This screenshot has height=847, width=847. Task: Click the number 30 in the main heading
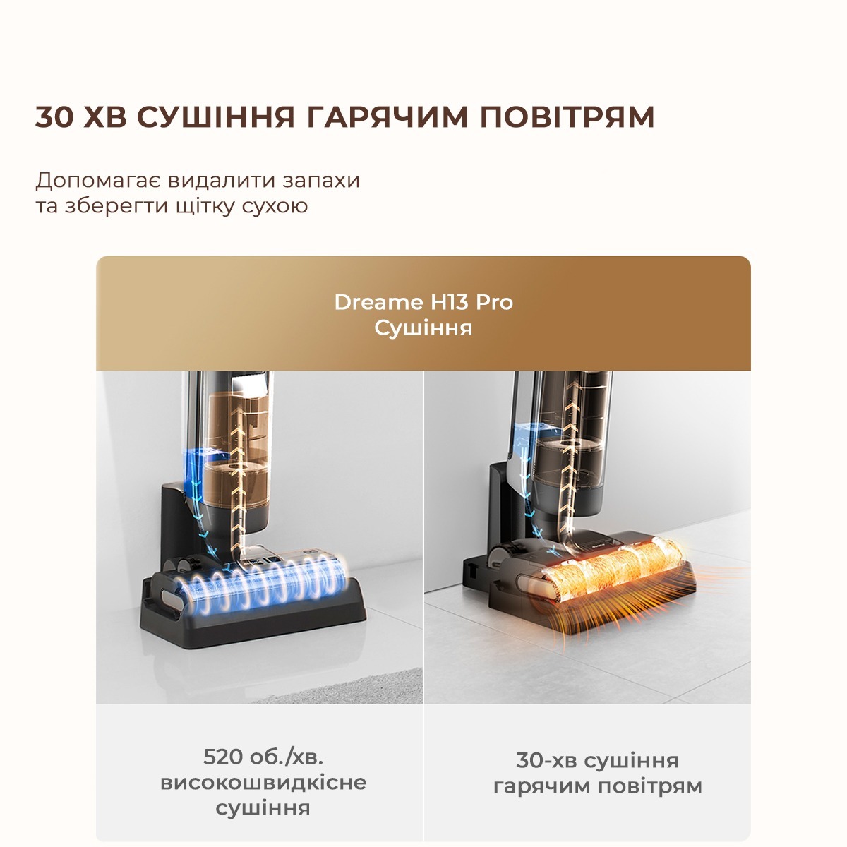coord(54,117)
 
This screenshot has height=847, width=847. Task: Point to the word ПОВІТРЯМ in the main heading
coord(567,117)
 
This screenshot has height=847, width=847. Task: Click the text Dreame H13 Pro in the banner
coord(423,302)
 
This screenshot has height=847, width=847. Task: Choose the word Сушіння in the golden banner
coord(423,328)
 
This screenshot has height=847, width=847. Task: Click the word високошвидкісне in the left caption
coord(263,783)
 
